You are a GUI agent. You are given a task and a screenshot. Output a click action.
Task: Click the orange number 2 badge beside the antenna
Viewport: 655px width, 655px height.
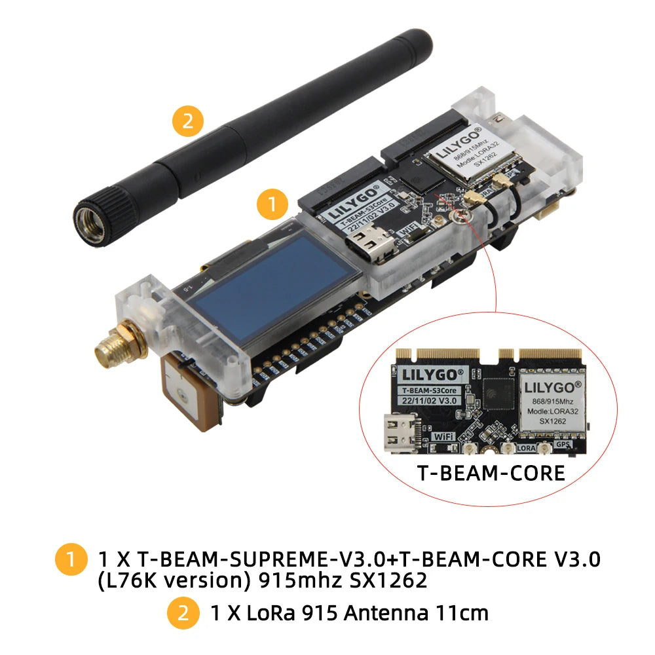pyautogui.click(x=188, y=122)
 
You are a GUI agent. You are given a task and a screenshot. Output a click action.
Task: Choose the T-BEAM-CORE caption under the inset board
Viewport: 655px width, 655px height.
pyautogui.click(x=491, y=472)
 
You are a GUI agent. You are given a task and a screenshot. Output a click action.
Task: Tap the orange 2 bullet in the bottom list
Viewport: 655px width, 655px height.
pyautogui.click(x=183, y=614)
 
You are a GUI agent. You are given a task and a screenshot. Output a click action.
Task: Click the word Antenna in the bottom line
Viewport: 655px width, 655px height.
pyautogui.click(x=388, y=613)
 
